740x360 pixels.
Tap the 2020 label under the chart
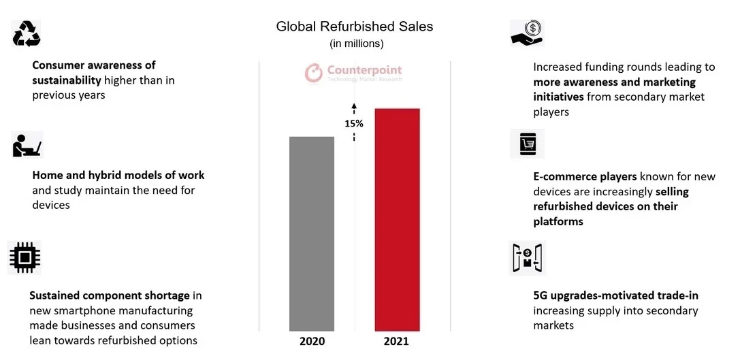(x=312, y=341)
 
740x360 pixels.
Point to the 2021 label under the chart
(x=396, y=341)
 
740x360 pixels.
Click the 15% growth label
(x=354, y=124)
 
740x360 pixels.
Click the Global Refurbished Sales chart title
(x=354, y=27)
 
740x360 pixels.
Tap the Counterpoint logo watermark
(x=354, y=72)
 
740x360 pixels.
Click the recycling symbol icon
(x=27, y=33)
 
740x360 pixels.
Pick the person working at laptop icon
(x=27, y=145)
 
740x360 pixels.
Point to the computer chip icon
(x=25, y=257)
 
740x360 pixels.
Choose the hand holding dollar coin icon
(x=526, y=33)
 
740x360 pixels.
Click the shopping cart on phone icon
(x=528, y=144)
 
